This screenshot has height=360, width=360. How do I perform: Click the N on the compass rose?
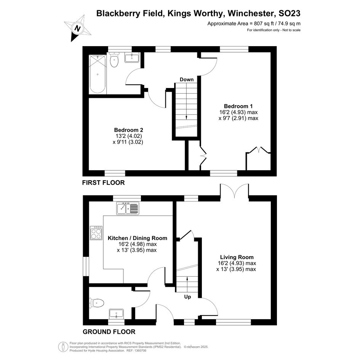click(78, 29)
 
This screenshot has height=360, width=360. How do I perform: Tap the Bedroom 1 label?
click(238, 106)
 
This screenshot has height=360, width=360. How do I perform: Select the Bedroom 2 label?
click(129, 130)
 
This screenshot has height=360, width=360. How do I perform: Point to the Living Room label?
click(237, 257)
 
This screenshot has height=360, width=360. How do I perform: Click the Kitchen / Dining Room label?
click(137, 238)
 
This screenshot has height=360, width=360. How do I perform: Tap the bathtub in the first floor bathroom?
click(98, 74)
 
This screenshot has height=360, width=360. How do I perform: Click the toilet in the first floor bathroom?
click(114, 59)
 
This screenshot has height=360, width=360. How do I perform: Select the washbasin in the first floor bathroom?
click(132, 58)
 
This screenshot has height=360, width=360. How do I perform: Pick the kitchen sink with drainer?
click(128, 208)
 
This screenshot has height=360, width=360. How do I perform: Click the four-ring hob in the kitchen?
click(96, 233)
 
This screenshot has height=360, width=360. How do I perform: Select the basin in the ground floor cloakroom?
click(117, 314)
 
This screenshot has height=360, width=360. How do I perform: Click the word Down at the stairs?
click(186, 80)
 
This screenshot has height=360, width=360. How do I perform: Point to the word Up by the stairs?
click(187, 297)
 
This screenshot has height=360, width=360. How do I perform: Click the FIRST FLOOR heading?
click(103, 182)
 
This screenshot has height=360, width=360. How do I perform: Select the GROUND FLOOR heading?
click(109, 332)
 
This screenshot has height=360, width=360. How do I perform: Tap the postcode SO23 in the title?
click(289, 13)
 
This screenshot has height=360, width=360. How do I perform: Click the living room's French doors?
click(234, 191)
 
